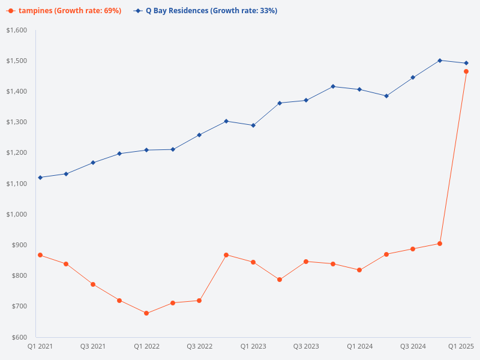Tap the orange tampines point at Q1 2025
[x=466, y=71]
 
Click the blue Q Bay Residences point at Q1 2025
[x=466, y=63]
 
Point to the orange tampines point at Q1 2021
[x=40, y=255]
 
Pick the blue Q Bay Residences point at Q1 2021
[x=40, y=178]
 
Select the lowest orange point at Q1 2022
[x=146, y=313]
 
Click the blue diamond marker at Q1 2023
[x=253, y=125]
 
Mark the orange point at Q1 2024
[x=359, y=270]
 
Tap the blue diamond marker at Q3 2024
[x=413, y=77]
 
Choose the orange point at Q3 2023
[x=306, y=262]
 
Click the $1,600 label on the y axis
[x=17, y=30]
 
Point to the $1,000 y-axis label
[x=17, y=214]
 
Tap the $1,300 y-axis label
[x=17, y=122]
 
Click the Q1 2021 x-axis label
[x=40, y=346]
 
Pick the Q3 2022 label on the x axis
[x=200, y=346]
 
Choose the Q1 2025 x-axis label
[x=461, y=346]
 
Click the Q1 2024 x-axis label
[x=359, y=346]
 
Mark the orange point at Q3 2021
[x=93, y=284]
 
